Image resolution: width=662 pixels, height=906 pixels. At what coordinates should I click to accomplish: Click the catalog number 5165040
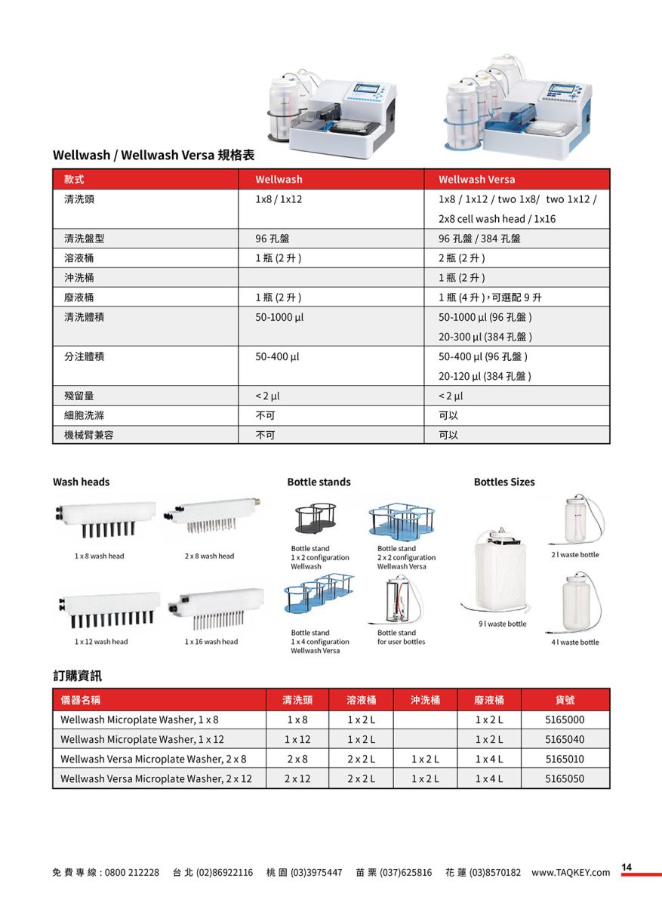click(565, 739)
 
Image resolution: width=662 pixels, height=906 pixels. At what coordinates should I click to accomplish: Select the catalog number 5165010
click(565, 759)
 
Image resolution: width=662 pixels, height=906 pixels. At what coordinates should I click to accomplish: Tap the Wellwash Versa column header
click(476, 179)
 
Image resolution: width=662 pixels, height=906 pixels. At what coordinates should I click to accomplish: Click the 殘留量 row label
click(79, 396)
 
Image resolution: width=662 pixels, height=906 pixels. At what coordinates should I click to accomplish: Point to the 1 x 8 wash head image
click(106, 520)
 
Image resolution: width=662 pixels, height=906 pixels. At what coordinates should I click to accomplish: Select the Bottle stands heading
click(319, 482)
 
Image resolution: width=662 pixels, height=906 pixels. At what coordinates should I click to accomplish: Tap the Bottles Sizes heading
click(504, 482)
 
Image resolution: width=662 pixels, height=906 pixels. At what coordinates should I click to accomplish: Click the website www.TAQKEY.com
click(571, 872)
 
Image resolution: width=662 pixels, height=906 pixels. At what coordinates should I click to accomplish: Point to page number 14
click(627, 867)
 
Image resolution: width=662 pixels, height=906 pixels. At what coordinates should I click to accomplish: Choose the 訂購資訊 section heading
click(77, 675)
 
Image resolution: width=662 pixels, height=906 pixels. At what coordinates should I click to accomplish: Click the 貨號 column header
click(565, 700)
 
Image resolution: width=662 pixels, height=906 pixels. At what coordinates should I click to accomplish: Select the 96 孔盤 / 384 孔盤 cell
click(479, 239)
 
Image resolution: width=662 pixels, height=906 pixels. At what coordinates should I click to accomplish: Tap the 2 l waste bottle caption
click(575, 555)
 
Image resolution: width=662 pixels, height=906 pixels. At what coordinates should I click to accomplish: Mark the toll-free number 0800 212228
click(132, 872)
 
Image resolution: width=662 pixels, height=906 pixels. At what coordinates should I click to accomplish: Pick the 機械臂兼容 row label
click(89, 435)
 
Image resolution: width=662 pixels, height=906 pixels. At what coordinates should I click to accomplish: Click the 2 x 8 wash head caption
click(209, 556)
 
